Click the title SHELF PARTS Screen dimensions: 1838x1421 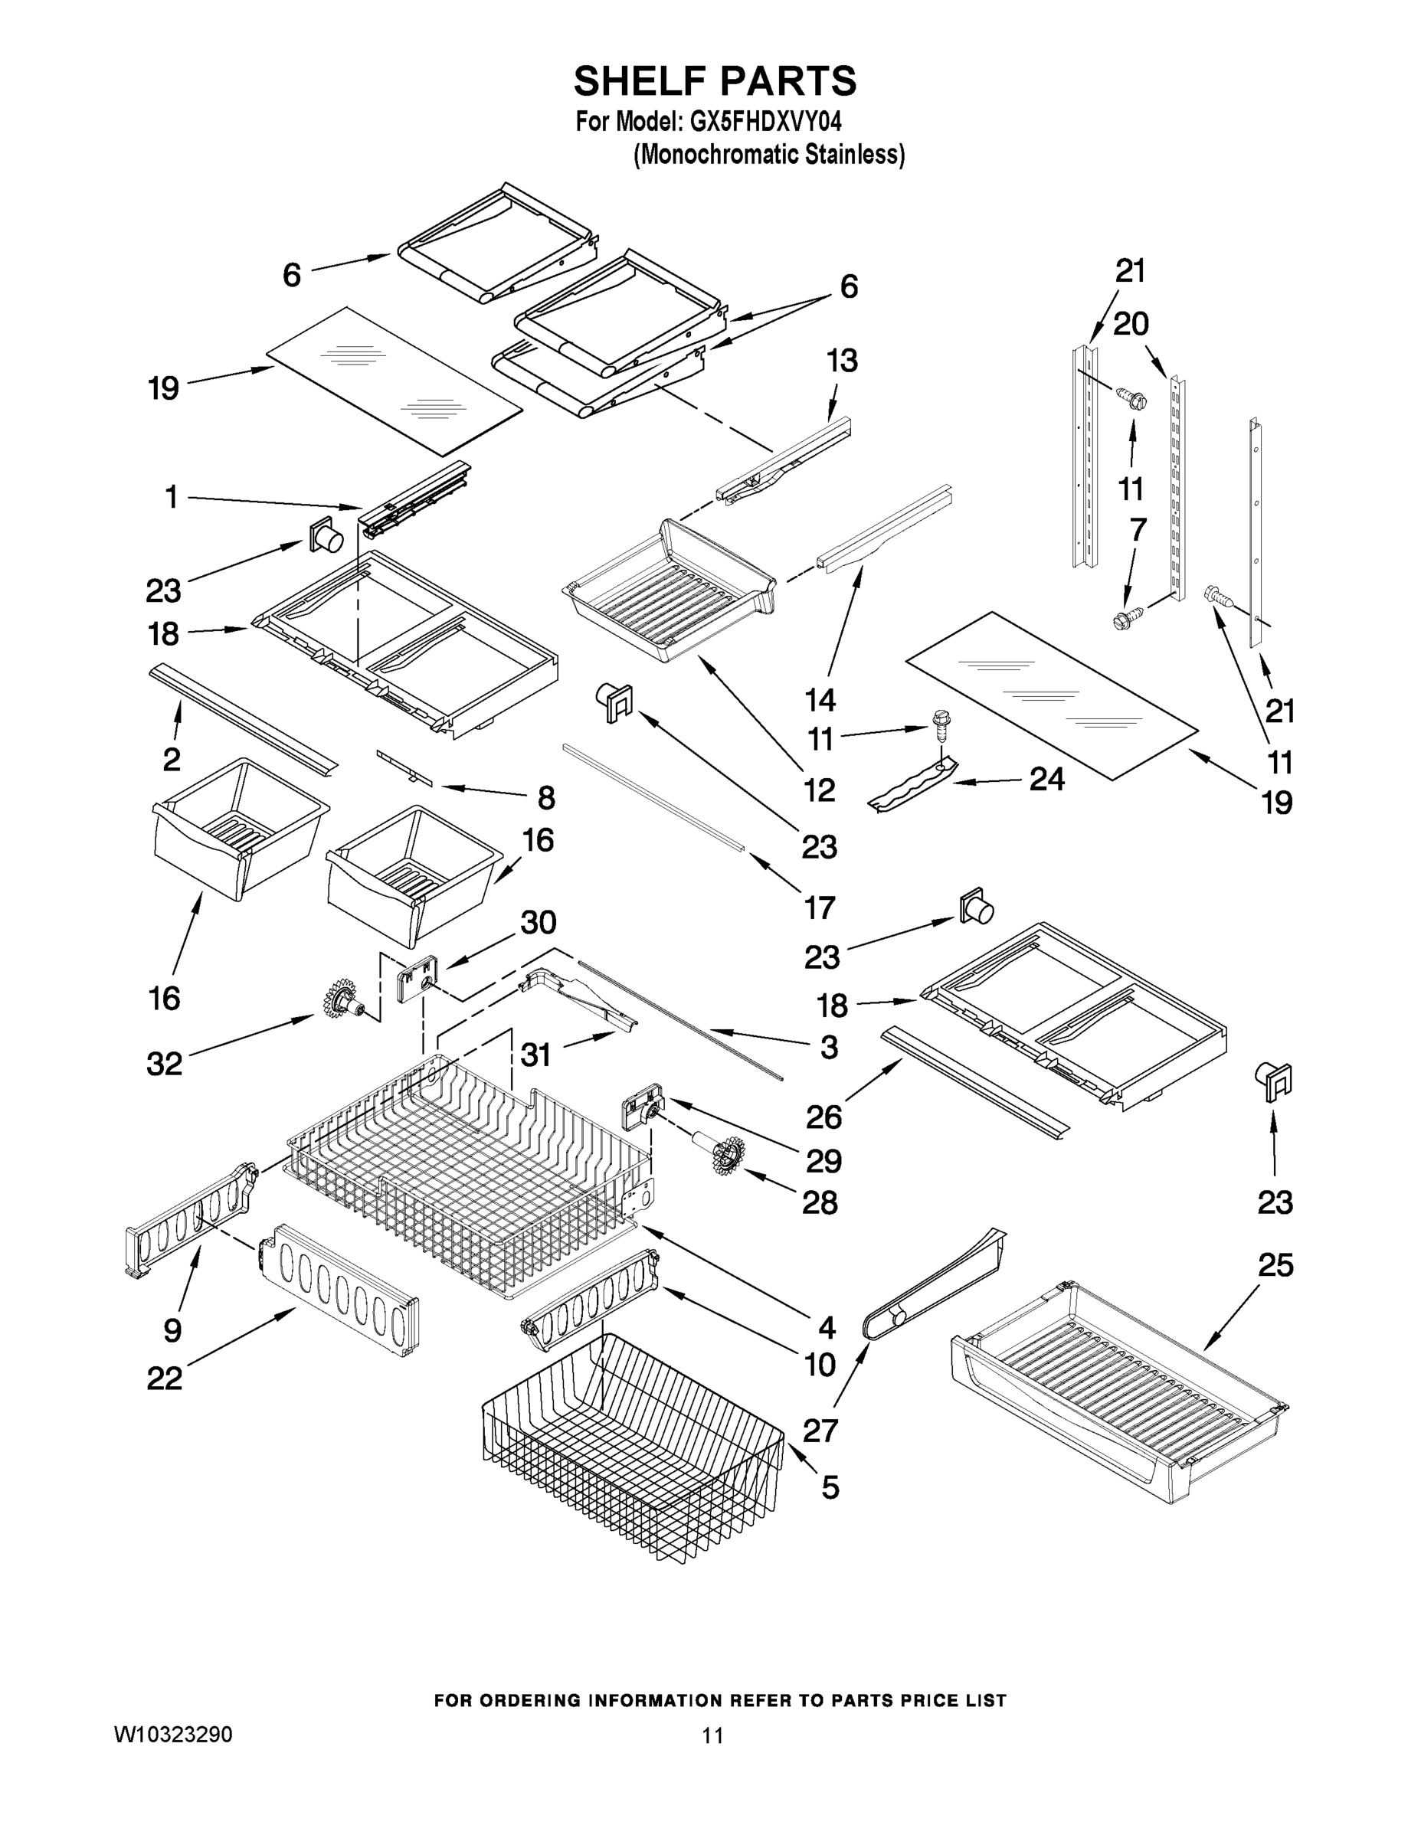point(715,82)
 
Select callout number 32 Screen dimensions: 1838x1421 point(164,1064)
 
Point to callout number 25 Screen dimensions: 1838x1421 point(1275,1265)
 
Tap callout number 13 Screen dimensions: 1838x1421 point(842,360)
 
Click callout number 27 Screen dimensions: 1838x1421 point(820,1430)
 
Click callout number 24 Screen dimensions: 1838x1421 point(1046,780)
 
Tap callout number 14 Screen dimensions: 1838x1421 point(820,699)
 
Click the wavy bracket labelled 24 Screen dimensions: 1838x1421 point(913,784)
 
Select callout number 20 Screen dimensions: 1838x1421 point(1131,323)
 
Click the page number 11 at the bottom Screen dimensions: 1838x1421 point(712,1735)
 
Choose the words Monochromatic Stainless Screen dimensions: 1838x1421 point(768,155)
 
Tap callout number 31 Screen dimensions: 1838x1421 point(535,1054)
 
